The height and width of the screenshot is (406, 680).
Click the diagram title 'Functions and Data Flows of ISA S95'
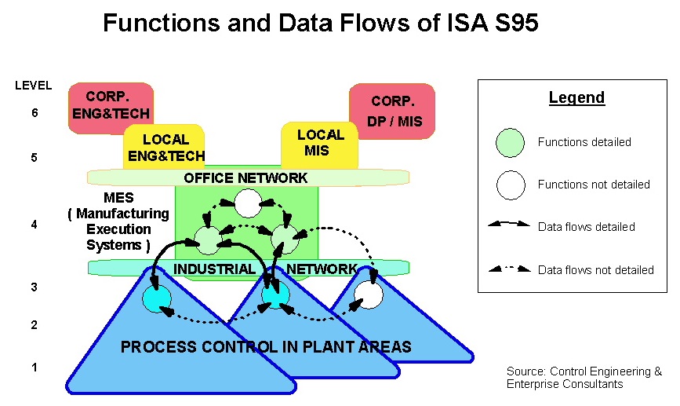pyautogui.click(x=320, y=23)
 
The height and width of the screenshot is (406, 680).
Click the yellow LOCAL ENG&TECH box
pyautogui.click(x=165, y=148)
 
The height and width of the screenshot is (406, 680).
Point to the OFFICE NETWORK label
pyautogui.click(x=245, y=178)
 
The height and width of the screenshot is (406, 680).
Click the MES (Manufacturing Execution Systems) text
pyautogui.click(x=118, y=221)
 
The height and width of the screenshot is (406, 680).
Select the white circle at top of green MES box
pyautogui.click(x=248, y=204)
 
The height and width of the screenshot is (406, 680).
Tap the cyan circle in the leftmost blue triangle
pyautogui.click(x=156, y=298)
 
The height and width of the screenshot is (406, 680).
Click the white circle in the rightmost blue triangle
pyautogui.click(x=369, y=296)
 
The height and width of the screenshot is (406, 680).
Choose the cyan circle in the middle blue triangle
pyautogui.click(x=275, y=296)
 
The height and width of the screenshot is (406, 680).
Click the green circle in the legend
pyautogui.click(x=510, y=142)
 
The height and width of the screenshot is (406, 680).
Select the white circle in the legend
pyautogui.click(x=510, y=185)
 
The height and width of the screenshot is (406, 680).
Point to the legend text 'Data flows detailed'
pyautogui.click(x=586, y=227)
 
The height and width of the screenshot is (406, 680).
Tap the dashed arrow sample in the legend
pyautogui.click(x=509, y=269)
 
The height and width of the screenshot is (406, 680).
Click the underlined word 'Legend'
pyautogui.click(x=576, y=98)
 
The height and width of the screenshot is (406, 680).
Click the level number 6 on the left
pyautogui.click(x=34, y=113)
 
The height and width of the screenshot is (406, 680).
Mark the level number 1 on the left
pyautogui.click(x=34, y=367)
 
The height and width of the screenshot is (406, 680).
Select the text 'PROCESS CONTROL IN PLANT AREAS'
pyautogui.click(x=265, y=347)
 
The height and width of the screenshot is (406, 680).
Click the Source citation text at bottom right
pyautogui.click(x=584, y=378)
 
